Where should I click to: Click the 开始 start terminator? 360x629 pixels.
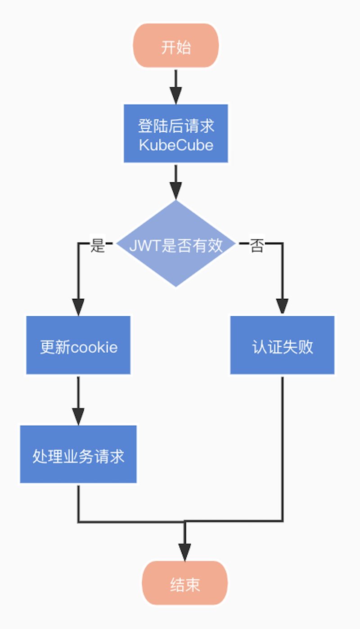point(176,46)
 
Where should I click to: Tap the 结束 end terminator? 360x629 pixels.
point(185,584)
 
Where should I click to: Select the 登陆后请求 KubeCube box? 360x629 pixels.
point(176,134)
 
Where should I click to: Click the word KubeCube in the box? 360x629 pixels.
point(176,145)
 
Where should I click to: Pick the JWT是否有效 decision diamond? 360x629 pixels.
point(176,244)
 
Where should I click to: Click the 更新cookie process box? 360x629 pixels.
point(78,346)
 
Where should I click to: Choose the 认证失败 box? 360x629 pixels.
point(282,346)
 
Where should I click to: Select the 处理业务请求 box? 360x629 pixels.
point(78,454)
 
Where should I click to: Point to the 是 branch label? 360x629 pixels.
point(98,246)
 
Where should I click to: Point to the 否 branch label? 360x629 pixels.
point(256,246)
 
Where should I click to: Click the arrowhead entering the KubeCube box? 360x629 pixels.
point(176,96)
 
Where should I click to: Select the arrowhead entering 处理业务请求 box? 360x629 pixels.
point(78,416)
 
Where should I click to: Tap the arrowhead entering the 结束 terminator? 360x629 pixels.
point(185,552)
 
